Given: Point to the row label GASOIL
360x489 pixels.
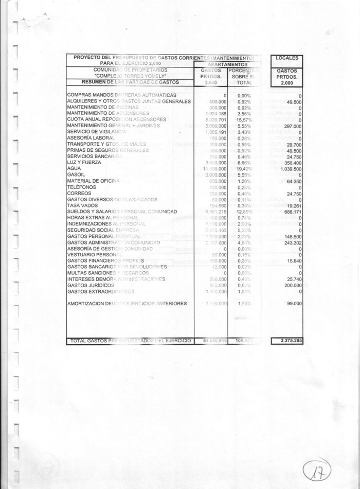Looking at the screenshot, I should click(77, 174).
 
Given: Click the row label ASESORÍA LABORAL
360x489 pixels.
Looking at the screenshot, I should click(90, 138).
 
